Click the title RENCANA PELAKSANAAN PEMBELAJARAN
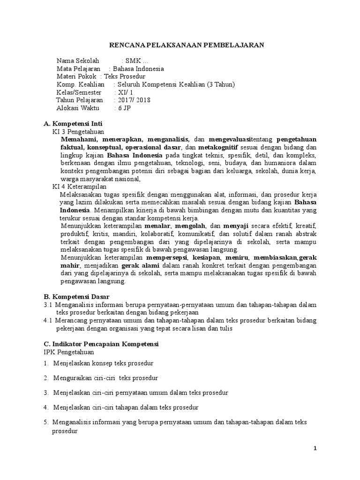(187, 45)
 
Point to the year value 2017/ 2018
(135, 100)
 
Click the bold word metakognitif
(225, 147)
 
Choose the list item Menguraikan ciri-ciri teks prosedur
(105, 378)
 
